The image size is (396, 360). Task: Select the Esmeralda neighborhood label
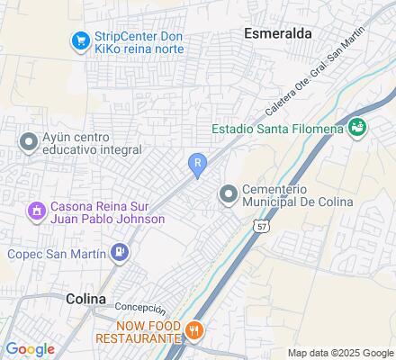[278, 32]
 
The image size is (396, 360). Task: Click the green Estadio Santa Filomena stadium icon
[358, 127]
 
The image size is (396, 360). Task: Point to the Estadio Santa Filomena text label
[278, 129]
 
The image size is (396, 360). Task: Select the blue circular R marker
[197, 162]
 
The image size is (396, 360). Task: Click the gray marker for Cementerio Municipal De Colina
[229, 193]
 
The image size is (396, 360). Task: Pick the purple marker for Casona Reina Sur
[37, 211]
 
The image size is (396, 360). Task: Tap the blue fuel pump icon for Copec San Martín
[118, 253]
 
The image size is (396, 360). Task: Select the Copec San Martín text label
[56, 254]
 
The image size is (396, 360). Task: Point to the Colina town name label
[85, 298]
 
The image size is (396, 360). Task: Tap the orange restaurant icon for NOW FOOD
[193, 331]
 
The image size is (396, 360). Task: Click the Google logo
[31, 349]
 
